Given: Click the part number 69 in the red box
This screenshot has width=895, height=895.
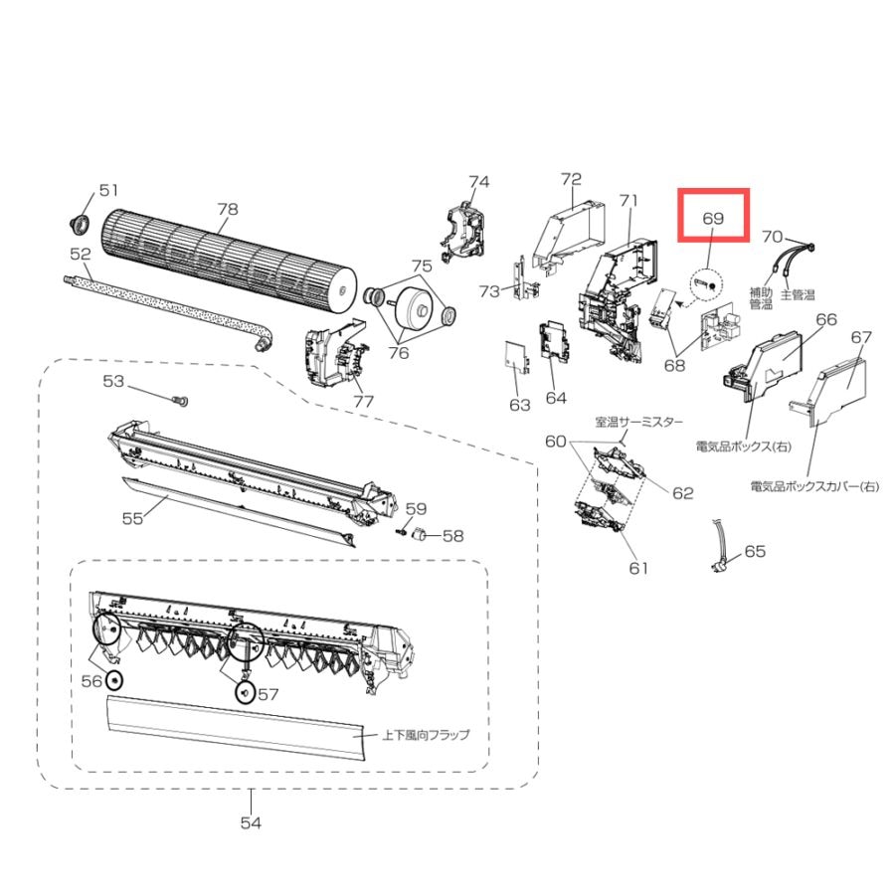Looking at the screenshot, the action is (713, 218).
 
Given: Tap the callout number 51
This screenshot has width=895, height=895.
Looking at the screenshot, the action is (108, 190).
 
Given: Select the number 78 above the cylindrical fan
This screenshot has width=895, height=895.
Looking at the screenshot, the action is (227, 209).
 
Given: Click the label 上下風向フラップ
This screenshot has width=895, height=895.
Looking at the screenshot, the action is (426, 735).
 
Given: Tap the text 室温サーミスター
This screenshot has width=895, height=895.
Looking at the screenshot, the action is (638, 422).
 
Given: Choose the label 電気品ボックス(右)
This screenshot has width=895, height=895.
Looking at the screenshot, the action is (744, 446).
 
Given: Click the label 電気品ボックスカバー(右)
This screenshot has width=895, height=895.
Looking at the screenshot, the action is (814, 486).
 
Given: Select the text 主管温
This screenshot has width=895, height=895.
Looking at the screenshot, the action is (798, 294).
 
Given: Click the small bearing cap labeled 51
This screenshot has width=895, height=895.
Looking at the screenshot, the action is (80, 225).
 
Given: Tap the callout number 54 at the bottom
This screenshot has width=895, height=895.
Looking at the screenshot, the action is (251, 822).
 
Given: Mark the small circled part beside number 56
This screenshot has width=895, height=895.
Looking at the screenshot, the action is (114, 680).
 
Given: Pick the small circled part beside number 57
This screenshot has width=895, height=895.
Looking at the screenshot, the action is (246, 693).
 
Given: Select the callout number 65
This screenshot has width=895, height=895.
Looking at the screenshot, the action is (755, 551).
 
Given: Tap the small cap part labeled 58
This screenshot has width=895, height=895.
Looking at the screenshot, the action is (420, 534).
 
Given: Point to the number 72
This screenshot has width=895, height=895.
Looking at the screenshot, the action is (571, 179).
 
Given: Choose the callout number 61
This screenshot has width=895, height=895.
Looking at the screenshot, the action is (638, 568).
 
